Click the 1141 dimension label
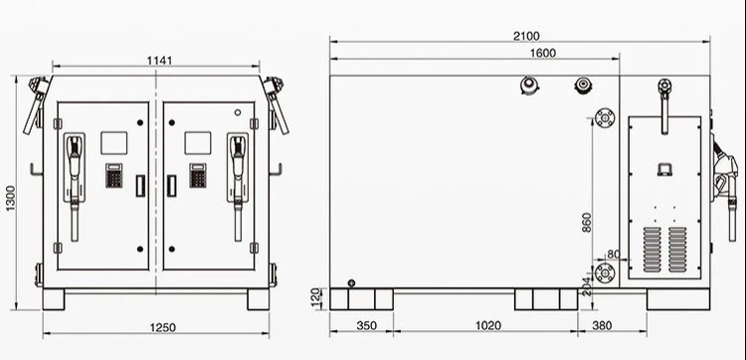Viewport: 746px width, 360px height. click(159, 61)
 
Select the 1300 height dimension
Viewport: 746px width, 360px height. click(11, 198)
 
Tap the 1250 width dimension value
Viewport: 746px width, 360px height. click(163, 327)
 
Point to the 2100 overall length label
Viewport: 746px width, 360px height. click(526, 36)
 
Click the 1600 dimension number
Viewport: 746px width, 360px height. click(543, 54)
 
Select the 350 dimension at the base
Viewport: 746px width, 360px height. click(366, 326)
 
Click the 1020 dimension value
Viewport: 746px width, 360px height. click(488, 326)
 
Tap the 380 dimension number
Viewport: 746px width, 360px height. click(603, 326)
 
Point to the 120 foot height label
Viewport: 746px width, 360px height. click(316, 298)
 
